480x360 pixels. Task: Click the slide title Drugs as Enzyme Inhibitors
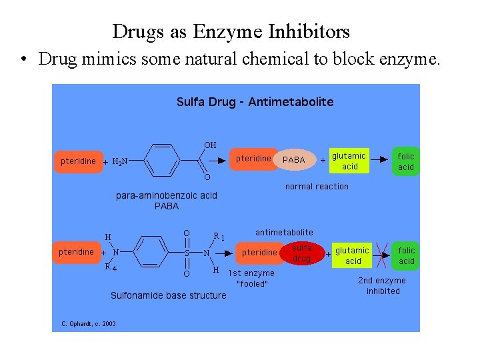231,31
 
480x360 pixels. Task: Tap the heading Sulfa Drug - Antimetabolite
255,102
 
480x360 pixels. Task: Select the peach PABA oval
294,160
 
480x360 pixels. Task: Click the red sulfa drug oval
302,253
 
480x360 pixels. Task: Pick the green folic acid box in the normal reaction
406,161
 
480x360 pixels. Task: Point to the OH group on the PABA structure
210,145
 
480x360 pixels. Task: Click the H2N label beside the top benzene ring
121,161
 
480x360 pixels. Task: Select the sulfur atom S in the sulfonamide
187,253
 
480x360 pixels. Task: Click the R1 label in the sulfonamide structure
219,235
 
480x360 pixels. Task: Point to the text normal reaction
317,187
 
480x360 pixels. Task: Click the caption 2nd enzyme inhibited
383,286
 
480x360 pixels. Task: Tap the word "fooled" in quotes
252,284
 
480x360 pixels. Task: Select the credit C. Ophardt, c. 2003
89,324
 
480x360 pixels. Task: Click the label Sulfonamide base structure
168,295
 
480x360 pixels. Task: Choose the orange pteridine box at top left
78,161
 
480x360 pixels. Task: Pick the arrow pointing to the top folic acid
379,160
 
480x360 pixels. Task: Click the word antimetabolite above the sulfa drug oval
284,232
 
